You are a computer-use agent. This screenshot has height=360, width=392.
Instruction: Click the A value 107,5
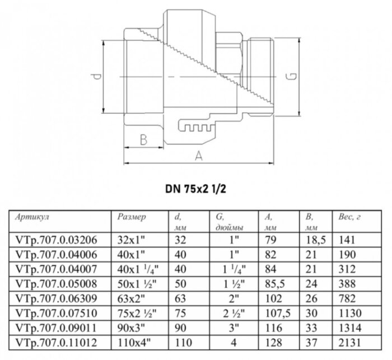click(271, 310)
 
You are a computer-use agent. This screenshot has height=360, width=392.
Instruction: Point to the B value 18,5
click(312, 239)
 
